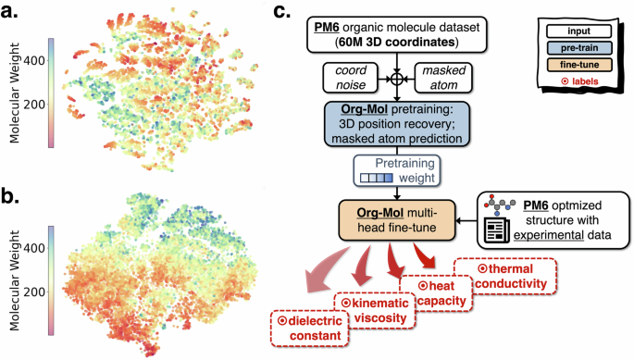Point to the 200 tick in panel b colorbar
44,292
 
